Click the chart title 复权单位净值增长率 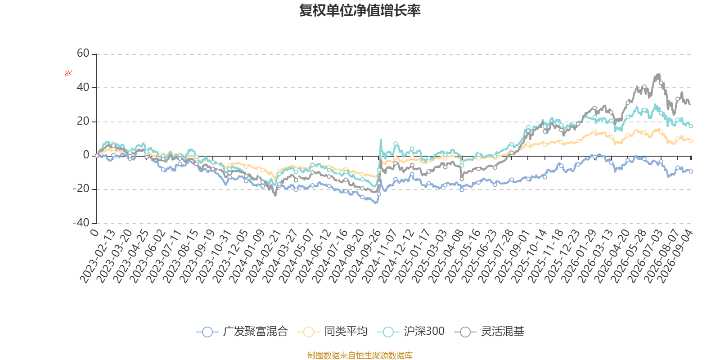coord(360,10)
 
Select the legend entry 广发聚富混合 coord(242,331)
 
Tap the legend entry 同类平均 coord(333,331)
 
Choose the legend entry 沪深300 coord(411,331)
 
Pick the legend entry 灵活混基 coord(489,331)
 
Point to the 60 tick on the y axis coord(83,54)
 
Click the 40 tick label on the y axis coord(83,87)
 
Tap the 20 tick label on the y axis coord(83,121)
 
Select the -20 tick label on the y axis coord(81,189)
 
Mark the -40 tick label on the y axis coord(81,223)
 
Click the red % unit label coord(68,73)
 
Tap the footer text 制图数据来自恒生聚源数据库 coord(360,355)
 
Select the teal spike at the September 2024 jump coord(381,140)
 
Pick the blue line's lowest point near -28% coord(375,202)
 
